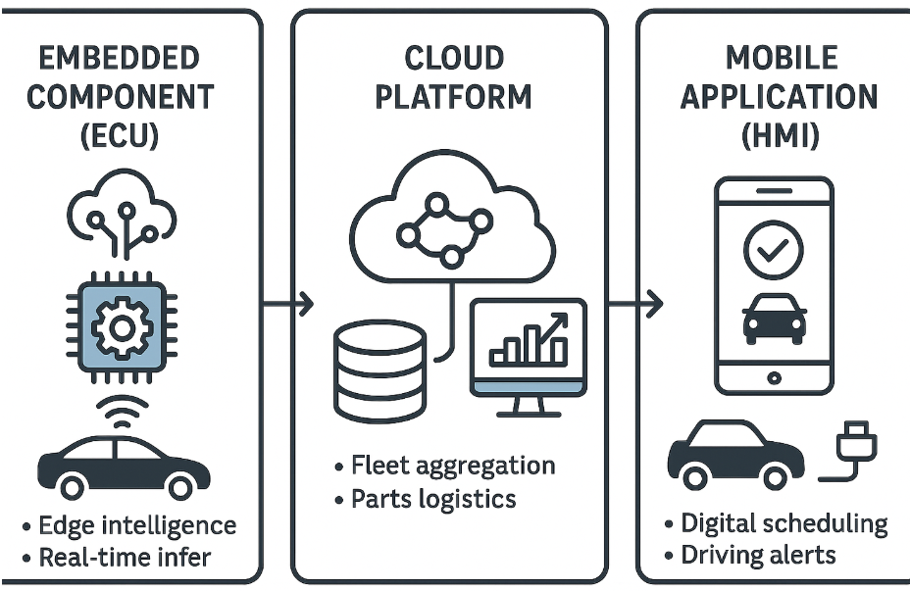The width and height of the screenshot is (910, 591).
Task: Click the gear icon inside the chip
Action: pyautogui.click(x=121, y=324)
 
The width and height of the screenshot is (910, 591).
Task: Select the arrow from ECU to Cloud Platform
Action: pyautogui.click(x=290, y=305)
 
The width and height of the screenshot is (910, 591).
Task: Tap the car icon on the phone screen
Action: pyautogui.click(x=775, y=318)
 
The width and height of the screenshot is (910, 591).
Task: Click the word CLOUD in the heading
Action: pyautogui.click(x=451, y=59)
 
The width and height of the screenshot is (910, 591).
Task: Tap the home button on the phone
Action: pyautogui.click(x=774, y=376)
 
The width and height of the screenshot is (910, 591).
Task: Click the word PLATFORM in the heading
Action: pyautogui.click(x=451, y=97)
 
